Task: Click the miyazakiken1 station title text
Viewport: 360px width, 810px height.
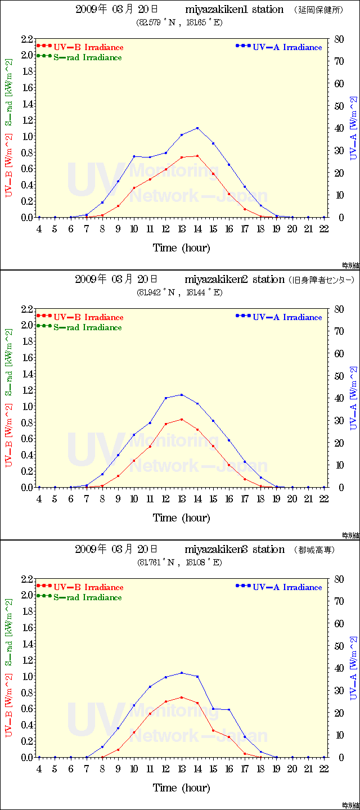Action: pos(234,10)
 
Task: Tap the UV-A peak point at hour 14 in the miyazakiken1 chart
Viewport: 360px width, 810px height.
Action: pos(197,128)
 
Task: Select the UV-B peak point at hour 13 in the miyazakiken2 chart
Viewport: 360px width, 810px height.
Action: pos(182,419)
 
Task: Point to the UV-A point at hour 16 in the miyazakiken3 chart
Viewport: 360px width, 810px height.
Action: pos(229,710)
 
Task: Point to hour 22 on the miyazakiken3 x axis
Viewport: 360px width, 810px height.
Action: pos(324,769)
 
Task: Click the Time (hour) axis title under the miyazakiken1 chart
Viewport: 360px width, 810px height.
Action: pos(182,247)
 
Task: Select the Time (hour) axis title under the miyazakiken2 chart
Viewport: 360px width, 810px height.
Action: pos(182,517)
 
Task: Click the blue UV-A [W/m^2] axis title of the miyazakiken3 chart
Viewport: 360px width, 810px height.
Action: pos(353,668)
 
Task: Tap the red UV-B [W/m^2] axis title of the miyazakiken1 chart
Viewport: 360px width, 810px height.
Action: pos(10,165)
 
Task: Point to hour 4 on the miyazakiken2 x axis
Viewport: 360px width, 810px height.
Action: pos(39,499)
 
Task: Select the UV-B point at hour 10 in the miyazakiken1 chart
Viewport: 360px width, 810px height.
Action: pos(134,188)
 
